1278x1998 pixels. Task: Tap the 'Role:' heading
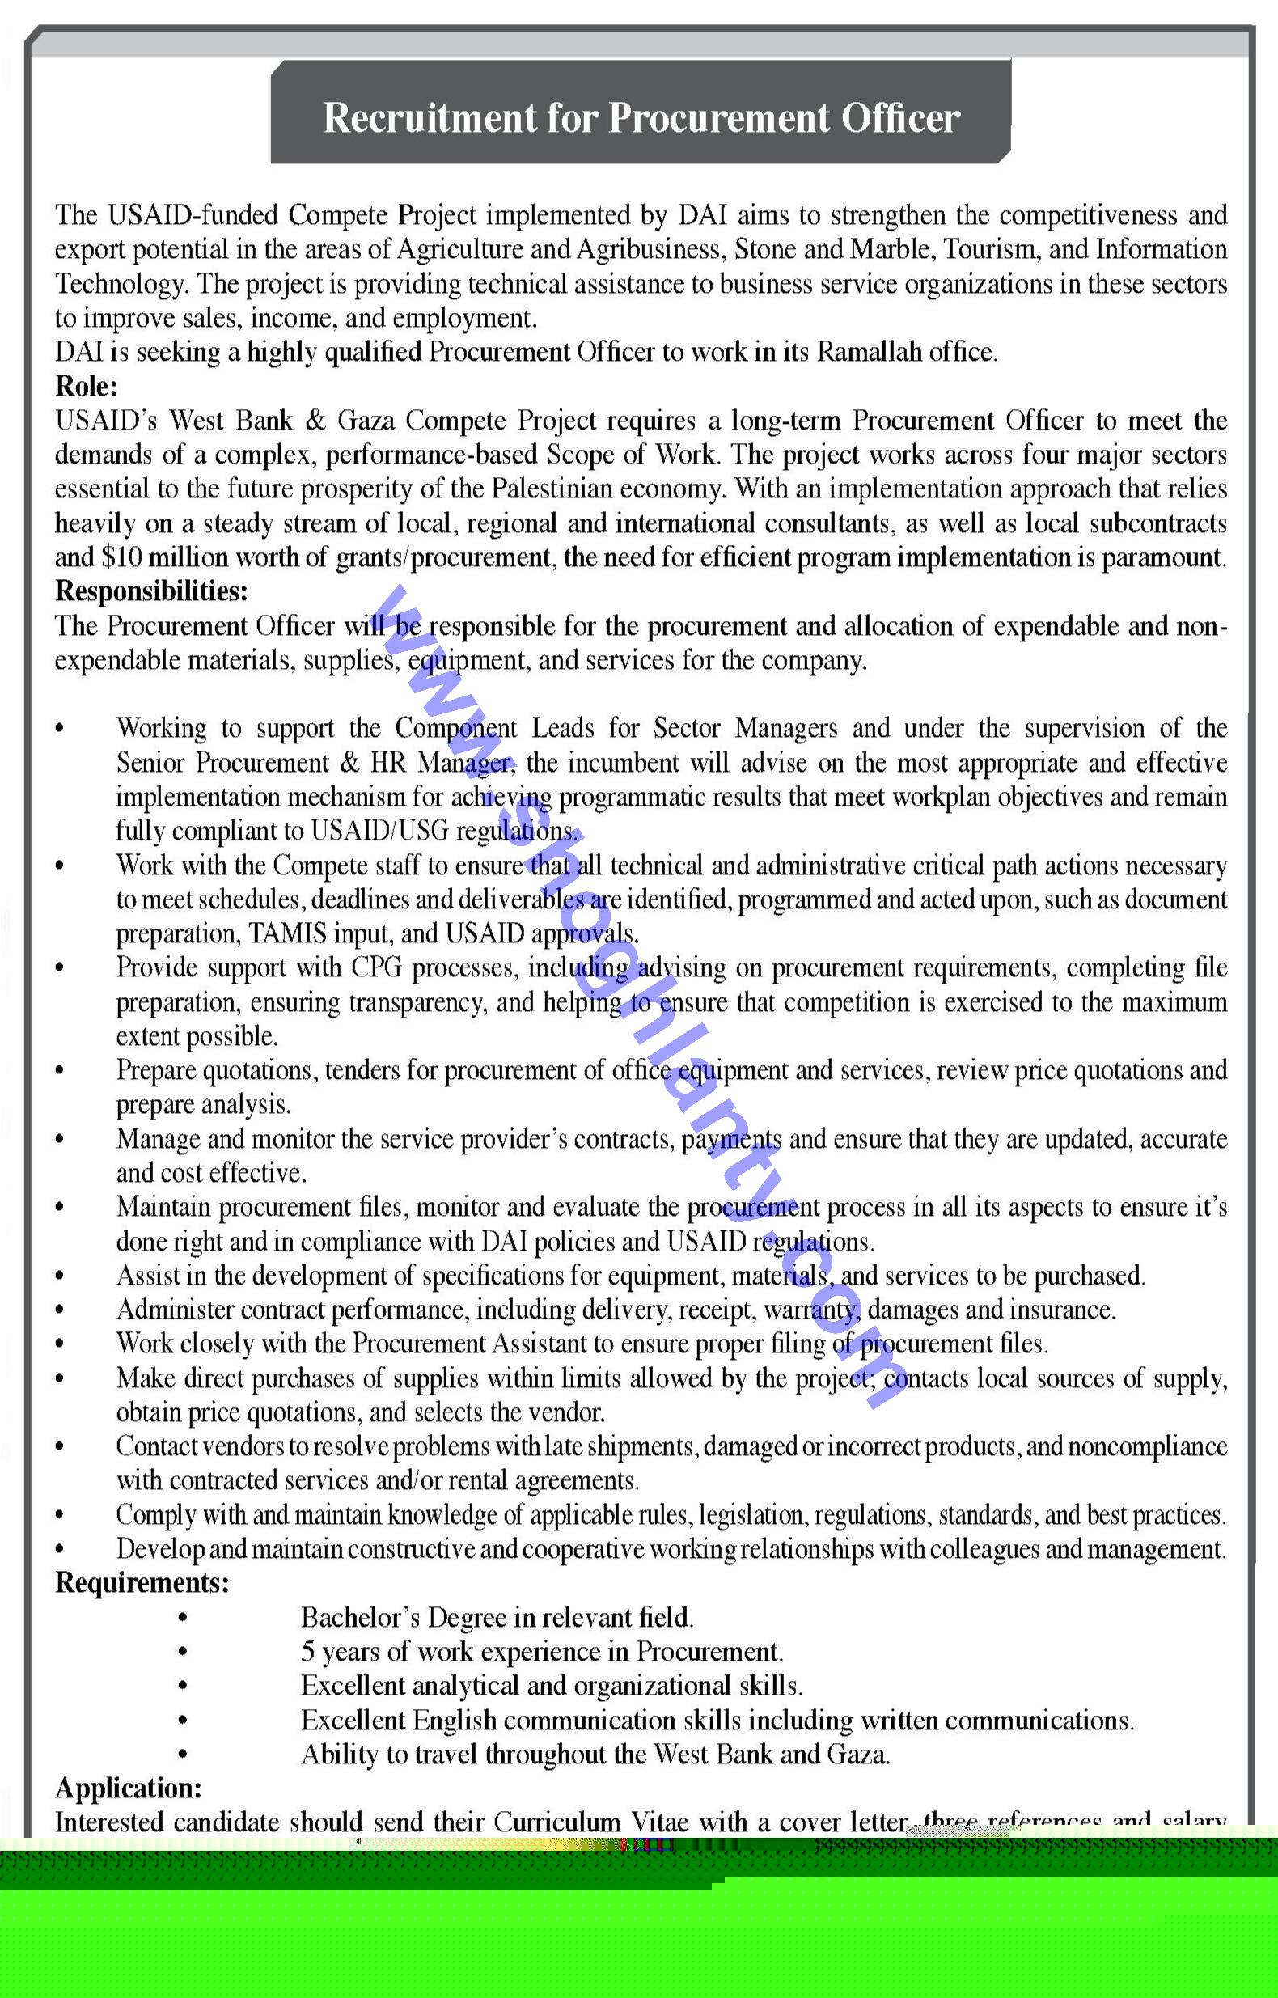tap(87, 387)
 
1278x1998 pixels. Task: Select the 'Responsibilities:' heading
tap(151, 591)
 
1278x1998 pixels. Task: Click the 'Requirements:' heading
tap(142, 1583)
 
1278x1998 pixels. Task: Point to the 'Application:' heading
tap(129, 1788)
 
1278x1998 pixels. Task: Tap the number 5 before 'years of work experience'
tap(308, 1652)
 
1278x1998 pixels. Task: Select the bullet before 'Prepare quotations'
tap(60, 1071)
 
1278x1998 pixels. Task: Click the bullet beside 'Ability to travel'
tap(182, 1755)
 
